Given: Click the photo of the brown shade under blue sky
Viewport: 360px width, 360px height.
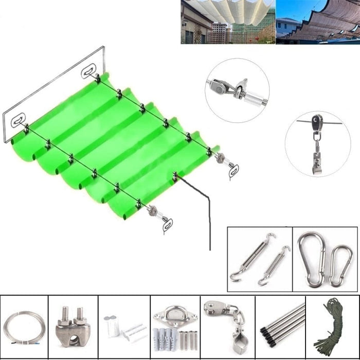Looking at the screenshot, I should (x=317, y=22).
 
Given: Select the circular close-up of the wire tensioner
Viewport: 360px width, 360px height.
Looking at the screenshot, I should (x=237, y=86).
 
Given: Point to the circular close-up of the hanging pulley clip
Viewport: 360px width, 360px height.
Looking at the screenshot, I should (x=317, y=144).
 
